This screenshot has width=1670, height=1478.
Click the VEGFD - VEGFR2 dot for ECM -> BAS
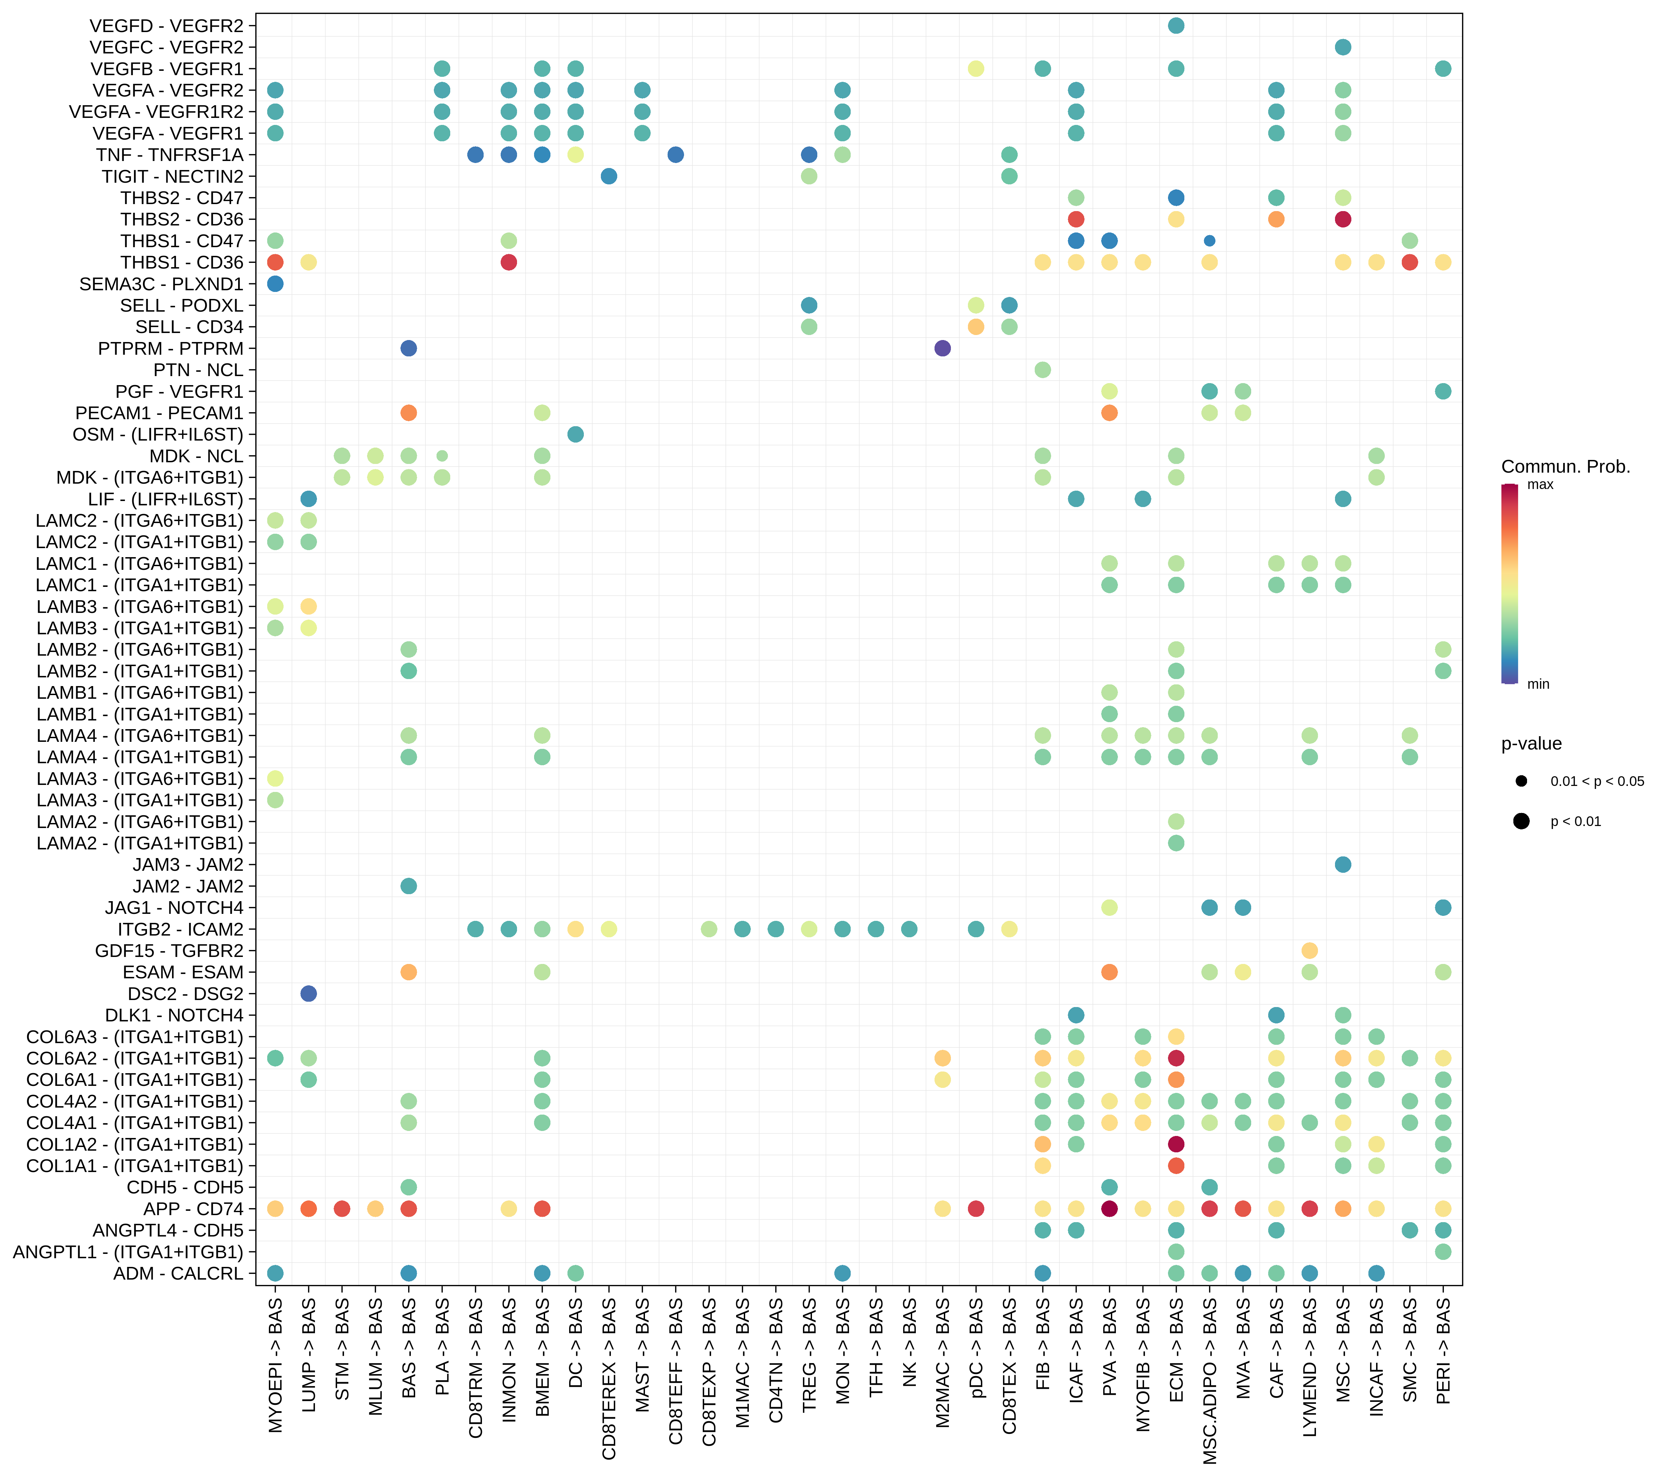pyautogui.click(x=1176, y=25)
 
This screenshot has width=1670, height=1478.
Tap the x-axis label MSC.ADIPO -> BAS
pyautogui.click(x=1210, y=1381)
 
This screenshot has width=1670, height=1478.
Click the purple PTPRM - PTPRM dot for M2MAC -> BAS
pyautogui.click(x=942, y=348)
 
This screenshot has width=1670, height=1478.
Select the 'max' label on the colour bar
pyautogui.click(x=1540, y=485)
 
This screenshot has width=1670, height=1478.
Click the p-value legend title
pyautogui.click(x=1531, y=744)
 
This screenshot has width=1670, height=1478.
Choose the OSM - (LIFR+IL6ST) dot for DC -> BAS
pyautogui.click(x=575, y=434)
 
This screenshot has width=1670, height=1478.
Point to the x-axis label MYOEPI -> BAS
pyautogui.click(x=275, y=1364)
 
